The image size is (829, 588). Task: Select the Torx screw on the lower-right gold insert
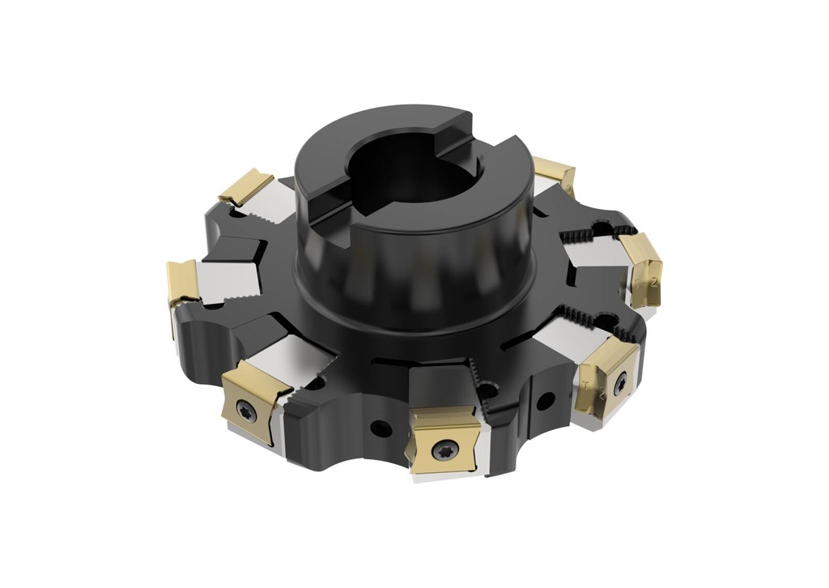(x=620, y=384)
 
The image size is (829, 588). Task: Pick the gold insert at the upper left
(x=245, y=187)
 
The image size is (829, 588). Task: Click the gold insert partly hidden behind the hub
(x=555, y=175)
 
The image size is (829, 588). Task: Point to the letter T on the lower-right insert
(x=585, y=383)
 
